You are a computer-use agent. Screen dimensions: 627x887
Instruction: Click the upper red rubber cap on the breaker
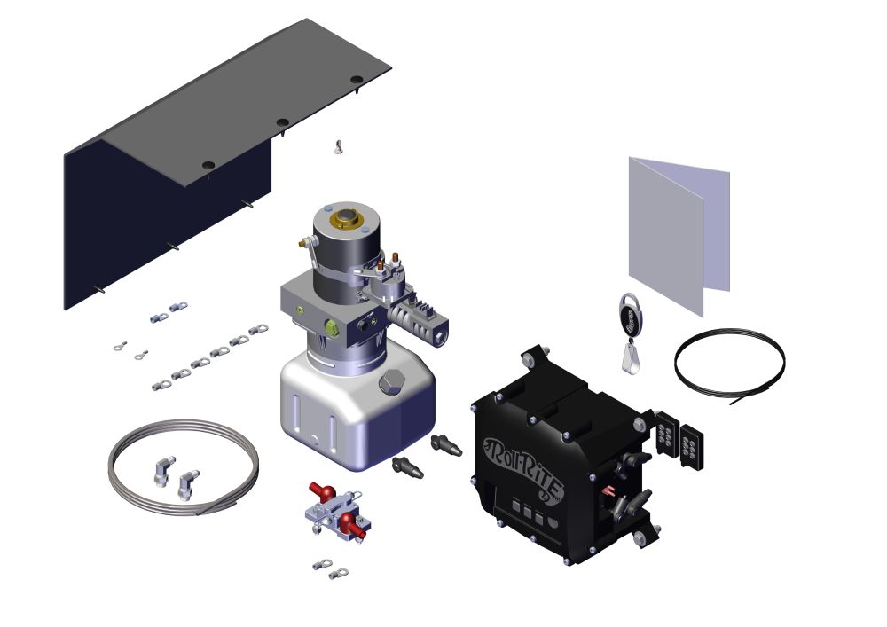[x=318, y=490]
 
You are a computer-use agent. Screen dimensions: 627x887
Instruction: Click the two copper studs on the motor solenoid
[x=389, y=263]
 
